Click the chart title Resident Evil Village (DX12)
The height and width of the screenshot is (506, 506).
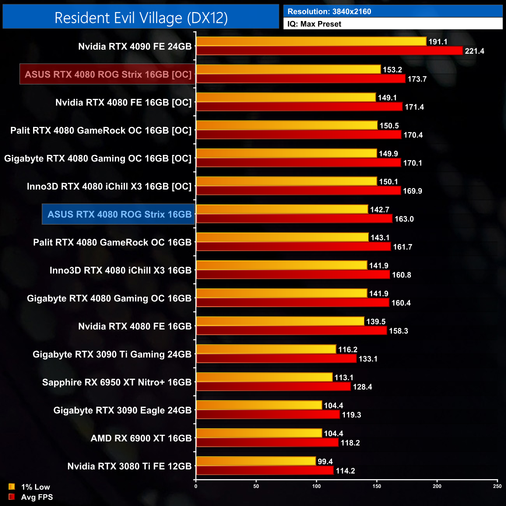141,18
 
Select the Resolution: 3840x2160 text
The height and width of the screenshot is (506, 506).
329,12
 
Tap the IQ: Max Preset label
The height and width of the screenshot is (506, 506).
314,24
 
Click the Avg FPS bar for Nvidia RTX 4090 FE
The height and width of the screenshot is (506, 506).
329,51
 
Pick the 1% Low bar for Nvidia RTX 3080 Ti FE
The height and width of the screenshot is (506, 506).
256,461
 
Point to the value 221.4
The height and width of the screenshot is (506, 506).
474,51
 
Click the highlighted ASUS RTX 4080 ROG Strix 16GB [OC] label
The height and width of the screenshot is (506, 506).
108,74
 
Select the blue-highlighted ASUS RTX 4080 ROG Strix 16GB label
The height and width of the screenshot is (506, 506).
119,214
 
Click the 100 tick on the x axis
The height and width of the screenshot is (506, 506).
316,486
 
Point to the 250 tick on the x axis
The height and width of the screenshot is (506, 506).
497,486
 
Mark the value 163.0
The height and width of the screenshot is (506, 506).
404,219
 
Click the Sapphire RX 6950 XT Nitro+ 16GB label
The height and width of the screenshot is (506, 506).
117,382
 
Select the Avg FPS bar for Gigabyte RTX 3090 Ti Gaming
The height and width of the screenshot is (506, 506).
276,358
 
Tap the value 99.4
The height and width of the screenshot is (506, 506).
325,462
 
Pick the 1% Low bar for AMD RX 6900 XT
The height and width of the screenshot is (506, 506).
259,433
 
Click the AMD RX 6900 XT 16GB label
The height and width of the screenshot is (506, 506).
141,438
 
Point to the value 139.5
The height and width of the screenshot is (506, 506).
376,322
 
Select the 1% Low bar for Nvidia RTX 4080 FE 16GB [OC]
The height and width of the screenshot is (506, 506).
286,97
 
